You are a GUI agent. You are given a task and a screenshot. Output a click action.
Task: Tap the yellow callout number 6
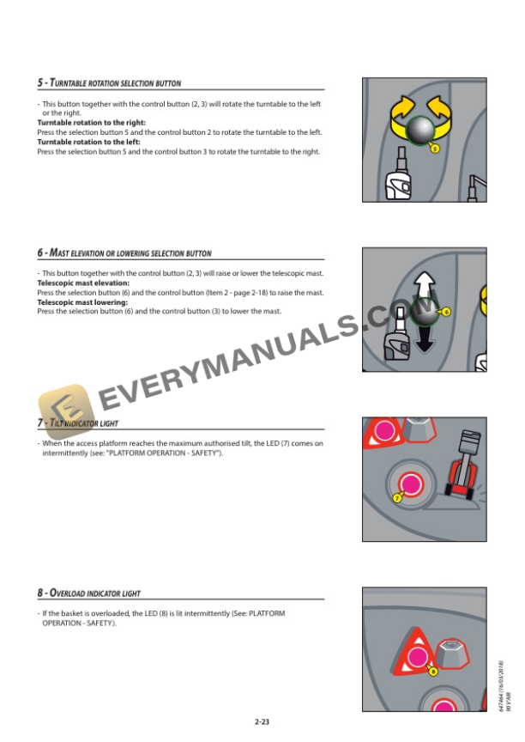[446, 311]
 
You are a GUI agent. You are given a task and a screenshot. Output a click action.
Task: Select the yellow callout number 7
[398, 498]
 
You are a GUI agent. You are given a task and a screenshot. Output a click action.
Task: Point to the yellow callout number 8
[433, 671]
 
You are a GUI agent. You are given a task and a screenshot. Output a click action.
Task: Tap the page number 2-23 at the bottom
[262, 722]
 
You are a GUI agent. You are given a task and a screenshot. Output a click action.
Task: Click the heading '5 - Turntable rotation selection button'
[109, 84]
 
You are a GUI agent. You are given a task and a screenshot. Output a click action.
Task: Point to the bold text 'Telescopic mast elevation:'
[83, 283]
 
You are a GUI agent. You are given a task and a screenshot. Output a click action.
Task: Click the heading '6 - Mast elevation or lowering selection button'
[124, 253]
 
